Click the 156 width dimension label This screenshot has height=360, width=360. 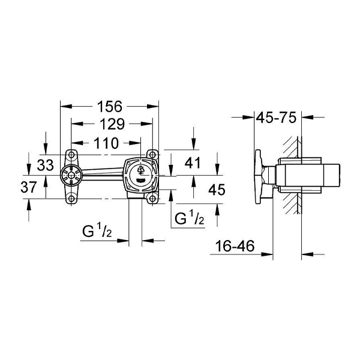point(109,106)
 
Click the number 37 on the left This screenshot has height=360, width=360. point(29,187)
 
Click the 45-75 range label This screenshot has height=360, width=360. point(276,118)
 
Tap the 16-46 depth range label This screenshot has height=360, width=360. point(235,245)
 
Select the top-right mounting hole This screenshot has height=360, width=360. point(154,153)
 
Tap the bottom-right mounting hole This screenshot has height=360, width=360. point(154,199)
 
